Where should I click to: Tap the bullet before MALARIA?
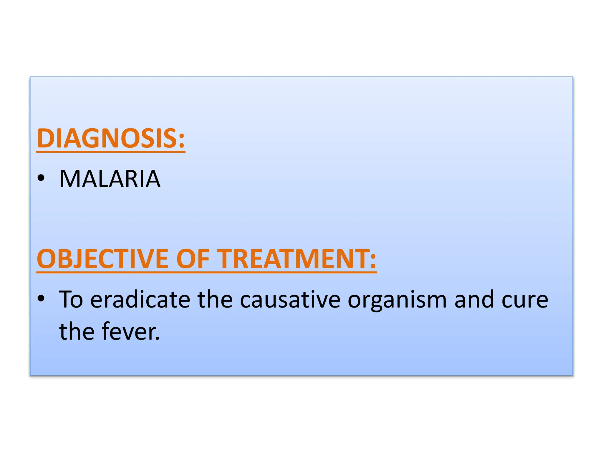click(41, 178)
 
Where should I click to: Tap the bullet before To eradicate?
click(41, 298)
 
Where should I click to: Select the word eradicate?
click(140, 300)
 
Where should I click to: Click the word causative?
click(290, 300)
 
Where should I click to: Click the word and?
click(474, 300)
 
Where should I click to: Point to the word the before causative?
click(215, 300)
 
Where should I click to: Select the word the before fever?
click(77, 331)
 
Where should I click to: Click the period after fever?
click(158, 338)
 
